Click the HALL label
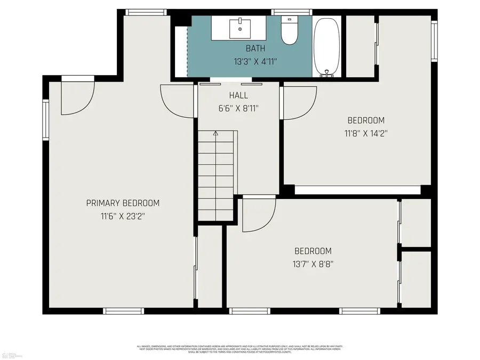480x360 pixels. (238, 95)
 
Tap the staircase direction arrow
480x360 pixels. (215, 133)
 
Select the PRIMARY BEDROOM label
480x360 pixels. (123, 203)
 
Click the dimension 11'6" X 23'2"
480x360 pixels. (123, 217)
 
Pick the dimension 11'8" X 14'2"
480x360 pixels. (365, 134)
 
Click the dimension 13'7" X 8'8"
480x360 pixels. (313, 264)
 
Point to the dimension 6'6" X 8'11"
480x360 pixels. (238, 108)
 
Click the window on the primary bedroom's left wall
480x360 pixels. (46, 121)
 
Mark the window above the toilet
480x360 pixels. (289, 12)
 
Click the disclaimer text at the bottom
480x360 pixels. (239, 349)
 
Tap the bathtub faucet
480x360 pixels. (326, 73)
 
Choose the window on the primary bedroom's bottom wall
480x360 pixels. (123, 311)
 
